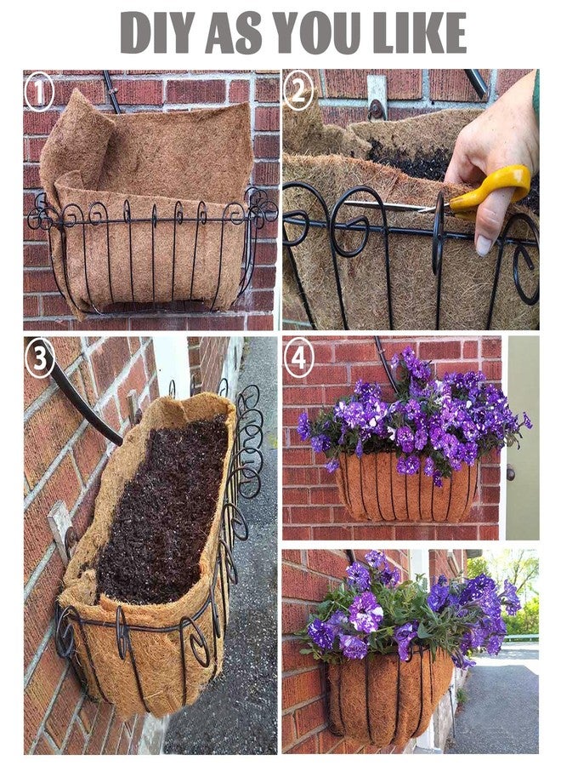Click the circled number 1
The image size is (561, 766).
pyautogui.click(x=39, y=91)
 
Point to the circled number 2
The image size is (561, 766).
pyautogui.click(x=298, y=90)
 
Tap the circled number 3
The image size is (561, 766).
pyautogui.click(x=40, y=359)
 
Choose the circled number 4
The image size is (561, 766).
pyautogui.click(x=298, y=358)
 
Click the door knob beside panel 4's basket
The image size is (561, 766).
pyautogui.click(x=510, y=473)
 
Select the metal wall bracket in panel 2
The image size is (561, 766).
pyautogui.click(x=377, y=98)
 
